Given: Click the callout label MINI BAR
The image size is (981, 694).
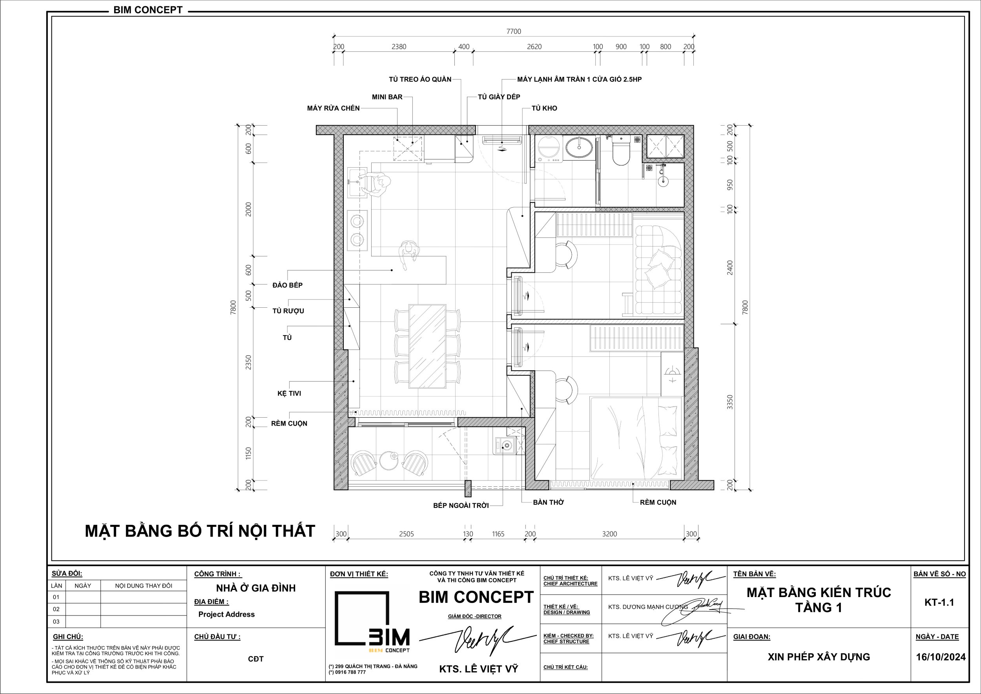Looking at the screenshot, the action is coord(387,97).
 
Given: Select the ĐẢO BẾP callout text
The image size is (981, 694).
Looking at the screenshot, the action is coord(288,285).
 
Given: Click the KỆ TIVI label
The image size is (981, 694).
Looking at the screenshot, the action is coord(289,393).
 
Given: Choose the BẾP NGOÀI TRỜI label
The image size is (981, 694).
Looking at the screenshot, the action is coord(461,506).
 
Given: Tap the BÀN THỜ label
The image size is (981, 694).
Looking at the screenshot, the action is coord(549,502).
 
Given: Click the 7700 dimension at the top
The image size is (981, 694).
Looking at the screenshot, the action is coord(514,31).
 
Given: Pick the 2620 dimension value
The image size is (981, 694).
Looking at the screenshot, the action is coord(534,47).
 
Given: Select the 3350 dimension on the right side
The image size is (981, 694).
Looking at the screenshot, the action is coord(730,402).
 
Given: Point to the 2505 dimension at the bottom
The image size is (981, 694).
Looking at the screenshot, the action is coord(406,534).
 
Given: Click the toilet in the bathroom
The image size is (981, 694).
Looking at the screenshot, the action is coord(621,150).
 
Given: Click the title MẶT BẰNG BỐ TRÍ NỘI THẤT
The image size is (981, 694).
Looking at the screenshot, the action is coord(200,531).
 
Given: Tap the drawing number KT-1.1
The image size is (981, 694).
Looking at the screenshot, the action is coord(939,603).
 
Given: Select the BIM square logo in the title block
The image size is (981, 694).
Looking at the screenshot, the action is coord(372,622).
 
